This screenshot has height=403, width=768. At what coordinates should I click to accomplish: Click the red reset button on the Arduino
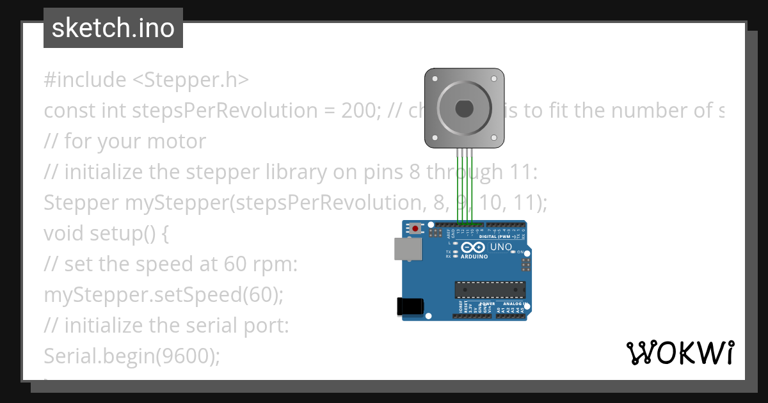tap(417, 228)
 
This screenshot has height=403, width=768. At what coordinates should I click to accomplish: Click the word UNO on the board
tap(501, 247)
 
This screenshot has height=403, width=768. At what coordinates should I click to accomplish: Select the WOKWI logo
tap(680, 352)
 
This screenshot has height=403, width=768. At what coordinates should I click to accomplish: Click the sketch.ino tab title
tap(113, 28)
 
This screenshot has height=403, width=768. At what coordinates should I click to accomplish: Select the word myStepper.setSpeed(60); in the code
tap(163, 295)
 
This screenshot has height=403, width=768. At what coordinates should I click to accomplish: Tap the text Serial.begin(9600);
tap(132, 356)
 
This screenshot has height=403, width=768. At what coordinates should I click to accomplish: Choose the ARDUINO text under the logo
tap(474, 257)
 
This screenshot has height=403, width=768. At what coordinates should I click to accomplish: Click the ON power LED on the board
tap(513, 252)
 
